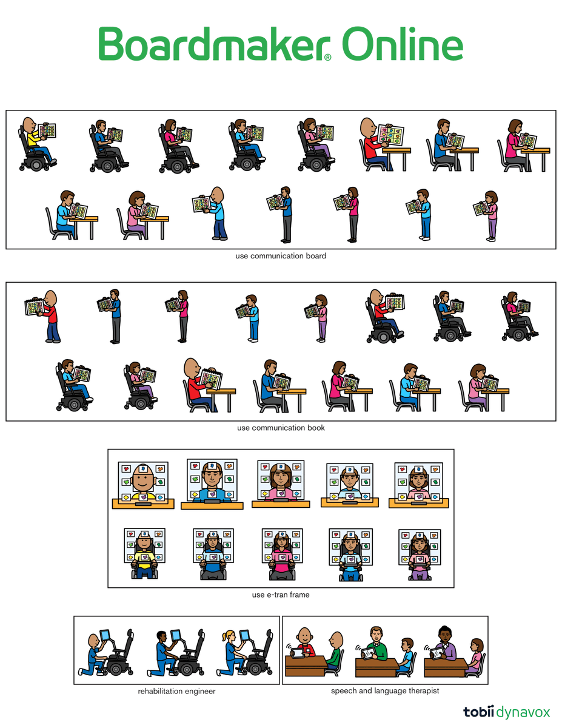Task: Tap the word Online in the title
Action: point(403,44)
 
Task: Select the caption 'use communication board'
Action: point(281,256)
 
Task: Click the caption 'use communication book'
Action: point(281,428)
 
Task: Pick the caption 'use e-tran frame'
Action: point(281,595)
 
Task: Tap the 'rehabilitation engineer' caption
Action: point(176,690)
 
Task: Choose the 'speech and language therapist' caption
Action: point(385,690)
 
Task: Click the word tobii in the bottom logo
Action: point(479,712)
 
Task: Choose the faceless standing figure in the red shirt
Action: point(52,315)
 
